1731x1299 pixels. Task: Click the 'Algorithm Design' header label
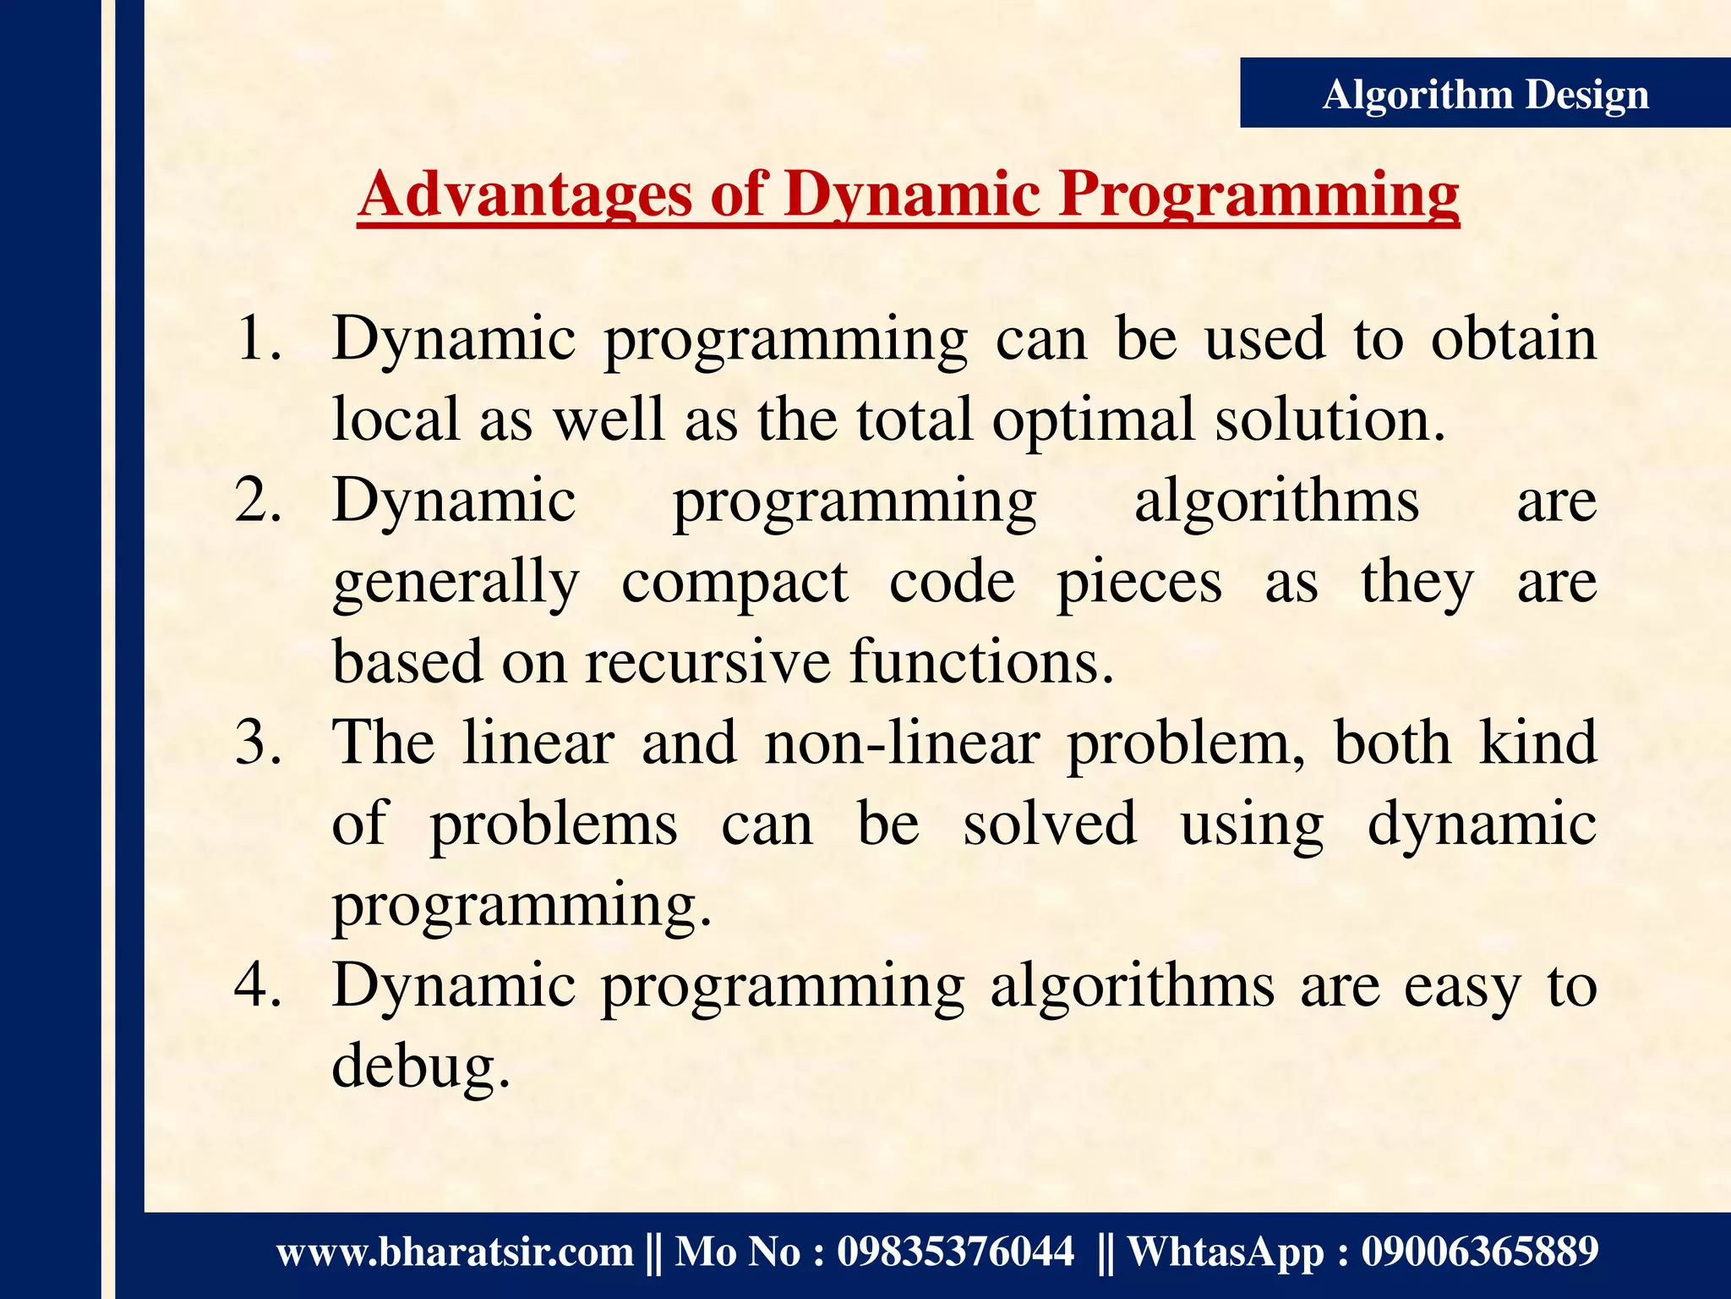tap(1485, 94)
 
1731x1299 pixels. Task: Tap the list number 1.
tap(258, 338)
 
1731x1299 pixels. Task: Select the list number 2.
tap(258, 501)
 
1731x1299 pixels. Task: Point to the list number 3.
tap(258, 743)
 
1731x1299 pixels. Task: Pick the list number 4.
tap(258, 986)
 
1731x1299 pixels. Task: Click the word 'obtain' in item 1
tap(1513, 338)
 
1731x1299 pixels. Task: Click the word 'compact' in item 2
tap(734, 584)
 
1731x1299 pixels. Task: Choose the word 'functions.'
tap(982, 662)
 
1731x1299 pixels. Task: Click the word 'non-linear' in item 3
tap(901, 743)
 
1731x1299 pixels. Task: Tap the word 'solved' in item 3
tap(1050, 825)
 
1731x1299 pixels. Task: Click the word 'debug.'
tap(421, 1067)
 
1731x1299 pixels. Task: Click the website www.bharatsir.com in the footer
tap(455, 1252)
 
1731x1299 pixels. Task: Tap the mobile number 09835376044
tap(955, 1252)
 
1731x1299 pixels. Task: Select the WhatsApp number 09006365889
tap(1479, 1252)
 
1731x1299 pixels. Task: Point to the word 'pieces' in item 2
tap(1139, 584)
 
